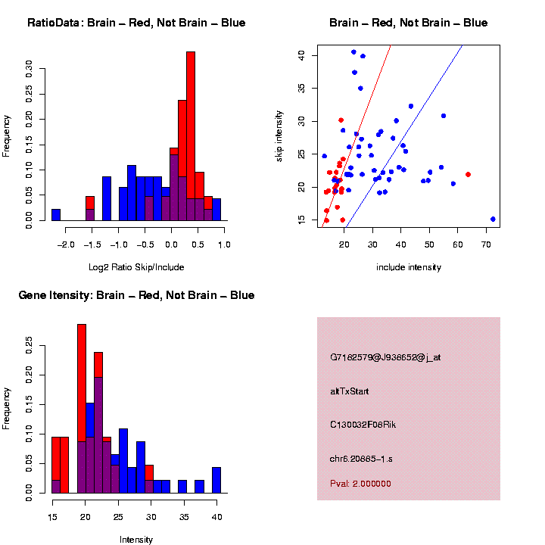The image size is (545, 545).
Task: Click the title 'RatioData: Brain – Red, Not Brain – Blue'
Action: click(136, 23)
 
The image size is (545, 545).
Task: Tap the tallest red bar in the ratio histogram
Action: click(191, 136)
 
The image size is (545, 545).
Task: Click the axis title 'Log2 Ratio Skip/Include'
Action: click(136, 267)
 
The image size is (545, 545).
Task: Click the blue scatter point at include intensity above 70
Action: click(493, 219)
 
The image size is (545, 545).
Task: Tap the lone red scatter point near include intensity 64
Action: click(468, 174)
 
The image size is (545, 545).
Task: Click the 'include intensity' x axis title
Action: click(408, 267)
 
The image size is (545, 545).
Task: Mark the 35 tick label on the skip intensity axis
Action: click(301, 88)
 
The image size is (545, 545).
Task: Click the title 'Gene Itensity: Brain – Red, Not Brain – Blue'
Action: click(136, 295)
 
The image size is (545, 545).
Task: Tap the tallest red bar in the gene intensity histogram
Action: click(82, 409)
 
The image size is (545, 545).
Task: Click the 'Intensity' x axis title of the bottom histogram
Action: click(136, 540)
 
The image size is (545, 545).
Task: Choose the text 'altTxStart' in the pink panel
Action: click(350, 391)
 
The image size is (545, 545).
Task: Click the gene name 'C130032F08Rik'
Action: click(363, 425)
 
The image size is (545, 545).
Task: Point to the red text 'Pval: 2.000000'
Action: click(360, 484)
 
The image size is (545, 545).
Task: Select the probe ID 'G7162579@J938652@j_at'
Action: click(385, 357)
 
